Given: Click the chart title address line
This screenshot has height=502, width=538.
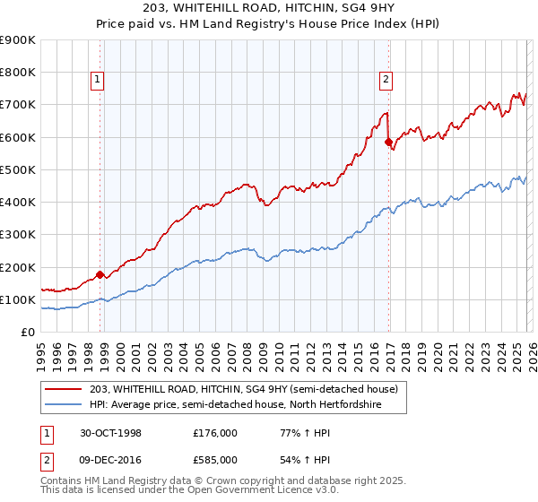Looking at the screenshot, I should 268,9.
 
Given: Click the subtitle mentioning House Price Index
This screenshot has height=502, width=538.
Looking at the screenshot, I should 268,24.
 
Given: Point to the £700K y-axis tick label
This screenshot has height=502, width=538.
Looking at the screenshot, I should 18,105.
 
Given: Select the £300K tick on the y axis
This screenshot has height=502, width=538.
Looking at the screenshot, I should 18,235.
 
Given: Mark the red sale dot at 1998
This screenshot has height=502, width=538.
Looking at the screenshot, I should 100,274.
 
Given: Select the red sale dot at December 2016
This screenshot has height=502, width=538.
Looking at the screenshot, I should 388,142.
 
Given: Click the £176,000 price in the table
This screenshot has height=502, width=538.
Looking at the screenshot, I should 215,432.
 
